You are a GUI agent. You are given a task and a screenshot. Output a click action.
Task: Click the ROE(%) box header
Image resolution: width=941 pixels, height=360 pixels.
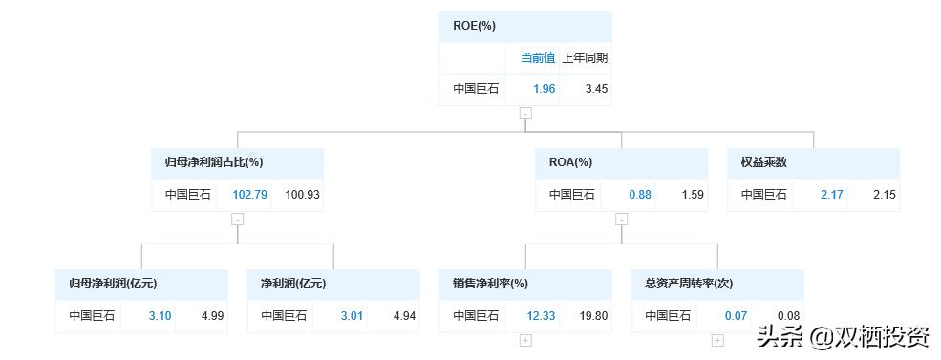pos(474,26)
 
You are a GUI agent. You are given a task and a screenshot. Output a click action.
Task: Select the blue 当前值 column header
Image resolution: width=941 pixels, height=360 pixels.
pos(537,57)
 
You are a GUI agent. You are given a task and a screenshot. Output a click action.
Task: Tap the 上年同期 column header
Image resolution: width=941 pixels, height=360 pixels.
pos(584,57)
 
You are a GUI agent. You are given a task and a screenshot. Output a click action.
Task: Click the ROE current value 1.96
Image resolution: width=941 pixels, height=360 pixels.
pos(544,89)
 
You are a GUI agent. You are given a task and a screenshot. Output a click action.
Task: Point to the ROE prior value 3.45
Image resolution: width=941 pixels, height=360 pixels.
pos(596,89)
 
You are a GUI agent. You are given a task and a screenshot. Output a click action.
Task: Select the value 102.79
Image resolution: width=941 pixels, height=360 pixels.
pos(248,194)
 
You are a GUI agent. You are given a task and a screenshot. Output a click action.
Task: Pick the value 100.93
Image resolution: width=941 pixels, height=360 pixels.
pos(302,194)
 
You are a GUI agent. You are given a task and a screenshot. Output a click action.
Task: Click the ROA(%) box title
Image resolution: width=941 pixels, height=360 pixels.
pos(570,162)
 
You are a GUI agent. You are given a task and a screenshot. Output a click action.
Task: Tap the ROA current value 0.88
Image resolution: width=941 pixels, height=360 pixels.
pos(639,194)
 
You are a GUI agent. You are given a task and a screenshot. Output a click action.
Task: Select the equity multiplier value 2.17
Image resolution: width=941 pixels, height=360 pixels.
pos(831,194)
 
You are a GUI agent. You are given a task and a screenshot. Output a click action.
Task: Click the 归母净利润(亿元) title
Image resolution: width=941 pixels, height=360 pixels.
pos(113,284)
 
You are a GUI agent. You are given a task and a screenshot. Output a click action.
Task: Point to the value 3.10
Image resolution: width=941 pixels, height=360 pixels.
pos(160,315)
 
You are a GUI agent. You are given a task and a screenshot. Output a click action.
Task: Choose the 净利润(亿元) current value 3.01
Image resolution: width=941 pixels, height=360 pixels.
pos(352,315)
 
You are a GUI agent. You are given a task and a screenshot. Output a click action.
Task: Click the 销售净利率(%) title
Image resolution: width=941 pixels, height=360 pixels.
pos(490,284)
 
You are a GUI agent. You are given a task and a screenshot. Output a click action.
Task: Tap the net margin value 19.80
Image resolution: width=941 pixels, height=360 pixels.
pos(593,315)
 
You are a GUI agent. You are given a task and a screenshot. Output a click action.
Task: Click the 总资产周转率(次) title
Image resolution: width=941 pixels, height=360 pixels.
pos(689,284)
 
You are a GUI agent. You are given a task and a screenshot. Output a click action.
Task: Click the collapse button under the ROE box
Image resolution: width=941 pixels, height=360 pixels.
pos(525,113)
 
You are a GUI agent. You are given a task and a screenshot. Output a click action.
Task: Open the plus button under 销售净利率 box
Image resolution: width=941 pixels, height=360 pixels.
pos(525,340)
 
